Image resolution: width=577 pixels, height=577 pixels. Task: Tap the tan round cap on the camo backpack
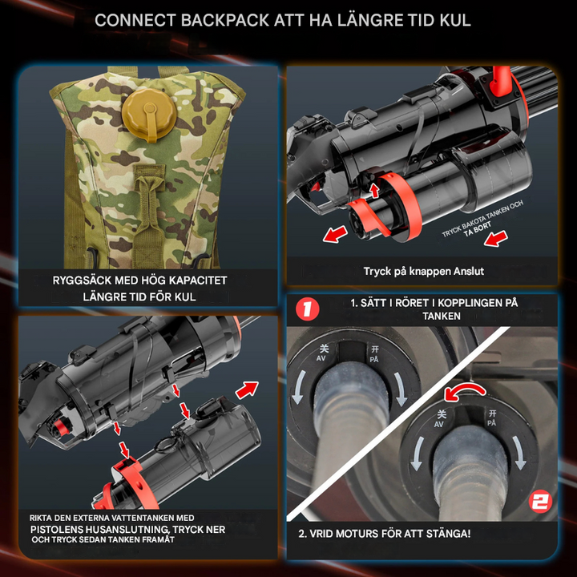149,113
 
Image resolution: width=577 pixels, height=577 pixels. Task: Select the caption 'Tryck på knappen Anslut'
424,272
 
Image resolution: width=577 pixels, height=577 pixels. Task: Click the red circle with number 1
308,309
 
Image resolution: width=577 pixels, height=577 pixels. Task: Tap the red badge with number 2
540,502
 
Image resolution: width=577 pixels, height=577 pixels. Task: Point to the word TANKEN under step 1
442,316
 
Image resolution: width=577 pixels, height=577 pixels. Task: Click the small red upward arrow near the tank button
374,190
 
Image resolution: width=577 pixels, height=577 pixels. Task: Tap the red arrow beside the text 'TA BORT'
496,239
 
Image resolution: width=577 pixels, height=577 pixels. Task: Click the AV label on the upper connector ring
321,358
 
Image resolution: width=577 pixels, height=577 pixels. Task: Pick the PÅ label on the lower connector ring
491,423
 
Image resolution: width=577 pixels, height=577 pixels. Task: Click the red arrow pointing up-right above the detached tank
247,389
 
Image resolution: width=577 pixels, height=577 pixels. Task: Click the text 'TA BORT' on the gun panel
478,229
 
